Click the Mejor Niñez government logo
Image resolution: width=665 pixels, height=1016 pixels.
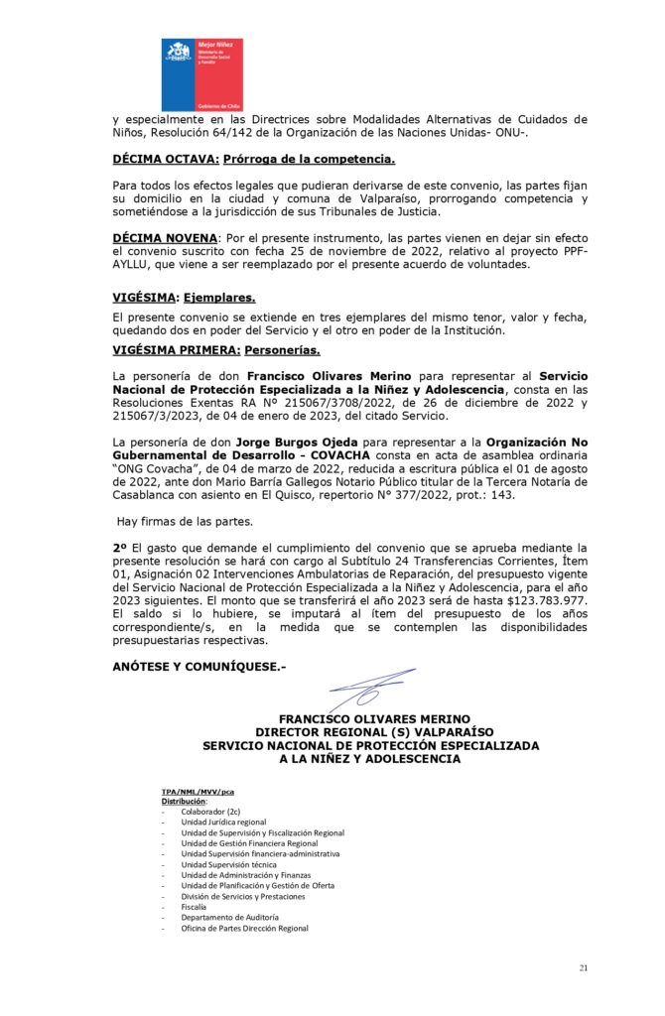pos(202,74)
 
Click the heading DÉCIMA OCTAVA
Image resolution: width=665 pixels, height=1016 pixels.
pos(164,159)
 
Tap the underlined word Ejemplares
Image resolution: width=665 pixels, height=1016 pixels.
pos(219,298)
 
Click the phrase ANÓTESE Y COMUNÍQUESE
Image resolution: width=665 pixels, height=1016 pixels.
pos(199,666)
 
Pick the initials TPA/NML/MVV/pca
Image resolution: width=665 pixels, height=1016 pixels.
pos(198,792)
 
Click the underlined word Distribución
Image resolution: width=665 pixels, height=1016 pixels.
pos(184,801)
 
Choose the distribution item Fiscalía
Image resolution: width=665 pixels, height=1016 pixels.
pos(195,907)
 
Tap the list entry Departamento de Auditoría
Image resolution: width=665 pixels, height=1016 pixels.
pos(229,918)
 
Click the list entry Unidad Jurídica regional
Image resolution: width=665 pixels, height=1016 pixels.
pos(223,822)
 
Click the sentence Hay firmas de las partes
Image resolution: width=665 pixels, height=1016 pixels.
pos(171,521)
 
